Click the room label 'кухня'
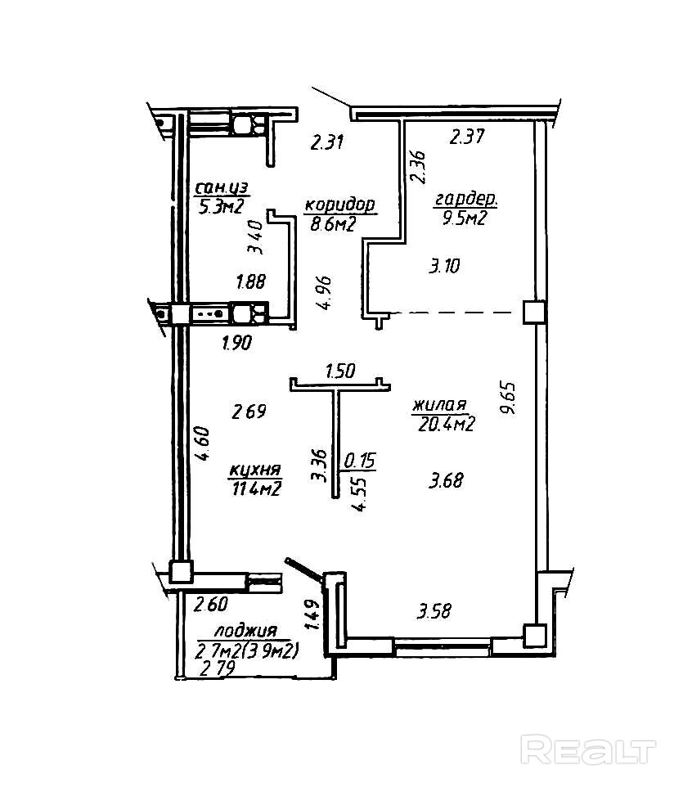tap(254, 470)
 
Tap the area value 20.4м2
tap(447, 424)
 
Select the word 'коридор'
tap(339, 205)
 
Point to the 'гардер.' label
tap(465, 199)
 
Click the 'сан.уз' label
tap(222, 188)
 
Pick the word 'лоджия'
tap(245, 630)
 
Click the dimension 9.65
tap(509, 398)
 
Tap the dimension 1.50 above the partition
tap(340, 371)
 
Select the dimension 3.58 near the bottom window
tap(434, 611)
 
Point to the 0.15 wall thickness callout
tap(360, 461)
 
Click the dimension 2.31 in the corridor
tap(327, 142)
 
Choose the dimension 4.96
tap(324, 293)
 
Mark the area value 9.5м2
tap(465, 218)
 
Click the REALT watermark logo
tap(588, 749)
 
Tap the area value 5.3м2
tap(221, 207)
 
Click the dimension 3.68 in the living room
tap(446, 481)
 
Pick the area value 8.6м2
tap(332, 223)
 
